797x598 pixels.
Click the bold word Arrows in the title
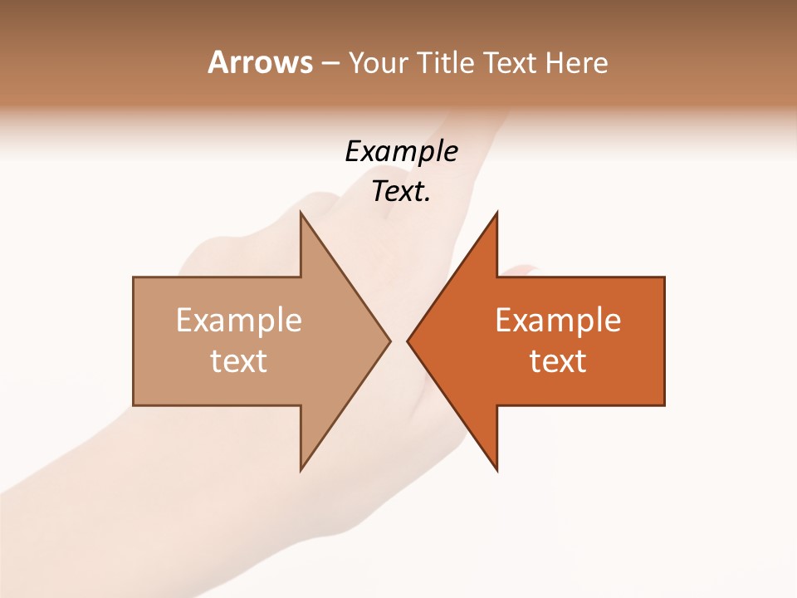(x=260, y=62)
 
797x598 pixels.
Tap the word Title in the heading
(x=446, y=63)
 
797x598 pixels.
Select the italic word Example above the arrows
(x=401, y=152)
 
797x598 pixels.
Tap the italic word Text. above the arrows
(x=401, y=192)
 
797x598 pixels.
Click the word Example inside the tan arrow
(x=239, y=321)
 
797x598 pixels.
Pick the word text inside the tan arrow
(x=239, y=361)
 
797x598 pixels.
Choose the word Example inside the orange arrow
(x=558, y=321)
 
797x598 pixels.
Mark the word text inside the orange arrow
(x=558, y=361)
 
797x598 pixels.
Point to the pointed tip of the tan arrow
(x=389, y=341)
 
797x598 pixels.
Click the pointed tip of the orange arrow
(x=408, y=341)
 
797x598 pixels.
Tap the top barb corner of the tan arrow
(x=301, y=213)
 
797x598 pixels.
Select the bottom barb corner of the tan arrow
(x=301, y=470)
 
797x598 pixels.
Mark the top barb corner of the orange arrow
(x=496, y=213)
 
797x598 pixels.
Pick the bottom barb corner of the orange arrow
(x=496, y=470)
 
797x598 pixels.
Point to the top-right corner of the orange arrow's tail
(x=664, y=277)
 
